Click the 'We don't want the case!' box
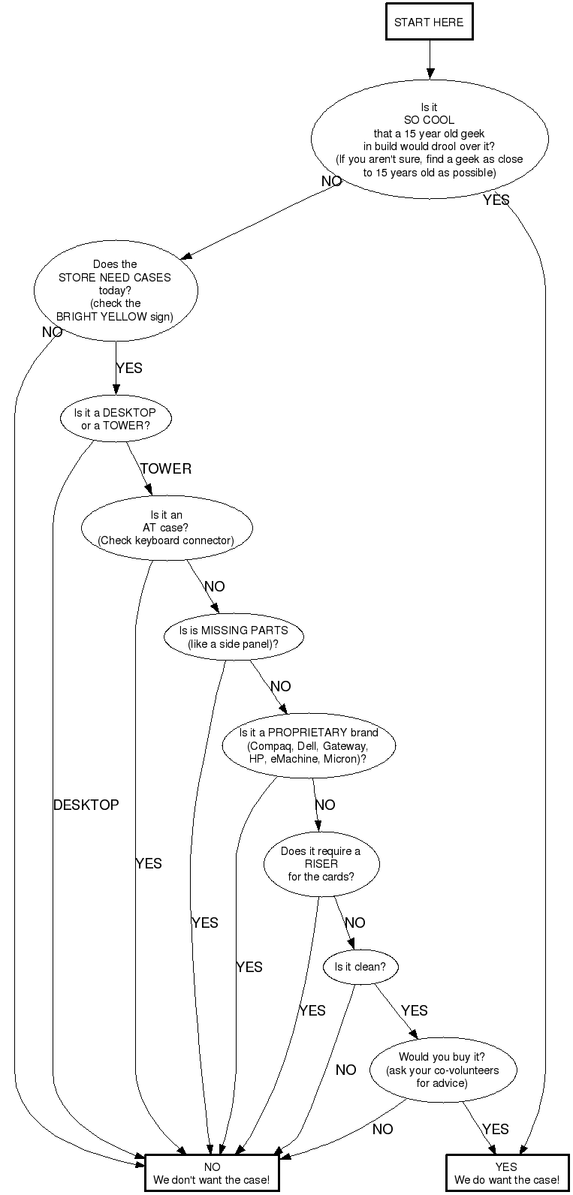click(213, 1173)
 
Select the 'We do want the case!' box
click(507, 1173)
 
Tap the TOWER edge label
click(166, 468)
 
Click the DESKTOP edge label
click(86, 805)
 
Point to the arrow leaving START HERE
click(430, 59)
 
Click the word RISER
click(321, 864)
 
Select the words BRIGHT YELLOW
click(101, 316)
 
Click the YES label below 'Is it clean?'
click(415, 1010)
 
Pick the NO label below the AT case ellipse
click(215, 586)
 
